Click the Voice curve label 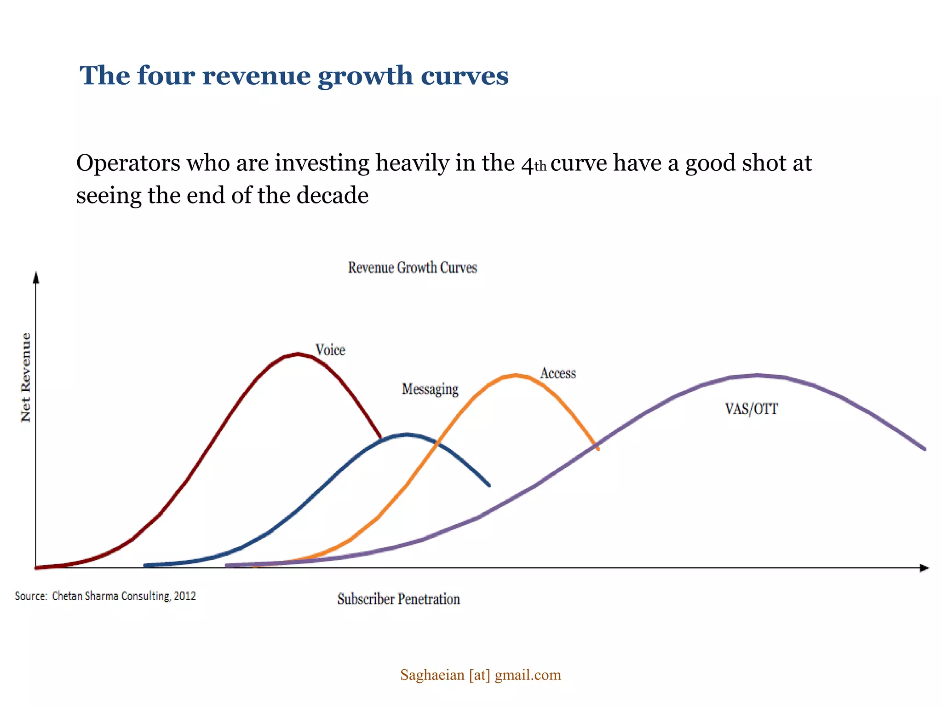click(x=330, y=350)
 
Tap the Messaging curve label click(x=430, y=389)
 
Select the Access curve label click(x=558, y=373)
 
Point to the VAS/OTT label click(x=751, y=409)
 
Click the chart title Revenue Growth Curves click(x=412, y=267)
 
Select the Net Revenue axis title click(x=26, y=377)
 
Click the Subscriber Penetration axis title click(x=398, y=599)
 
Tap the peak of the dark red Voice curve click(x=298, y=354)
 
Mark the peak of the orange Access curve click(x=516, y=375)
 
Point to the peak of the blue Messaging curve click(x=407, y=434)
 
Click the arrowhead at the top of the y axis click(x=36, y=277)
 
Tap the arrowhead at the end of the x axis click(x=924, y=568)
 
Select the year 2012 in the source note click(x=185, y=596)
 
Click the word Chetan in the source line click(x=67, y=596)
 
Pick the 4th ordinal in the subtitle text click(x=534, y=164)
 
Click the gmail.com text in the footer click(x=528, y=675)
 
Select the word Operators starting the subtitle click(x=128, y=163)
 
